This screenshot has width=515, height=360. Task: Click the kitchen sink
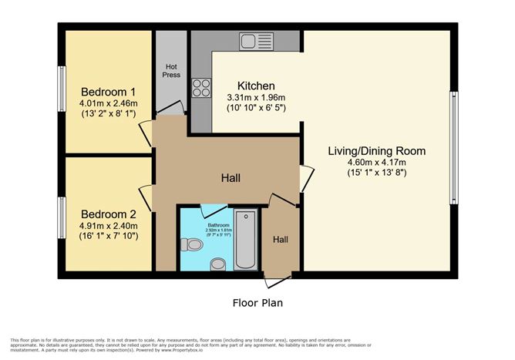click(254, 40)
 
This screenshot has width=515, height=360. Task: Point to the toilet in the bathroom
click(190, 245)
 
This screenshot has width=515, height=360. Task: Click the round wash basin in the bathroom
click(218, 264)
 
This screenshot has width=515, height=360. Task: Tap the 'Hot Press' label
click(171, 71)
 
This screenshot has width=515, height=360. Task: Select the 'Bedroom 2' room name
click(108, 214)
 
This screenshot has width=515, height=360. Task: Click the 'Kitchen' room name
click(256, 85)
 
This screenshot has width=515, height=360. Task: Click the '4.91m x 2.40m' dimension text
click(108, 225)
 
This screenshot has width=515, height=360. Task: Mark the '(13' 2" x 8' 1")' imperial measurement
click(108, 114)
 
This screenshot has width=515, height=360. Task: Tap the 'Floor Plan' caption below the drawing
click(257, 303)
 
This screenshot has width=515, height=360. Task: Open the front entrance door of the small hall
click(278, 275)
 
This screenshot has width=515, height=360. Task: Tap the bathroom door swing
click(213, 210)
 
